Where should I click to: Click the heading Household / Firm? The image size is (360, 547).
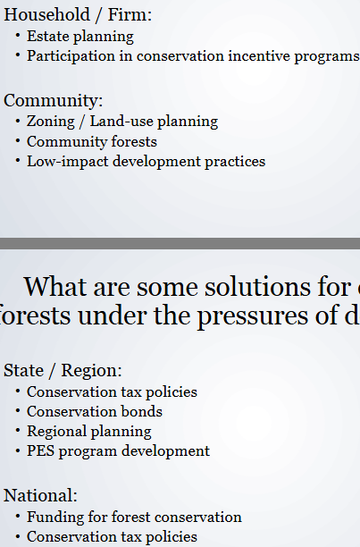coord(78,14)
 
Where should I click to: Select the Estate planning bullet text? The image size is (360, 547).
coord(80,37)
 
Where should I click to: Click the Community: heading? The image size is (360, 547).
coord(53,100)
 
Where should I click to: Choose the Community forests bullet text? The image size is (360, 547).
coord(91,141)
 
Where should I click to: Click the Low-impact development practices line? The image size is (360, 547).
coord(146,162)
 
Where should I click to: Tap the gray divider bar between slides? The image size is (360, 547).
coord(180,243)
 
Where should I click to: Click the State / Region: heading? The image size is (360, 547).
coord(63,370)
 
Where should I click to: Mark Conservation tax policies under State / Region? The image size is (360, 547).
coord(112,391)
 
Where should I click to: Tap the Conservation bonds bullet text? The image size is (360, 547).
coord(94,411)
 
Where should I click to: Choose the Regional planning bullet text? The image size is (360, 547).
coord(88,431)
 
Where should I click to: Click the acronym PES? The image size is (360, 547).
coord(41,450)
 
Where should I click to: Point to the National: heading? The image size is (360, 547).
coord(40,495)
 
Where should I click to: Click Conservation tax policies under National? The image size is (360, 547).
coord(112,536)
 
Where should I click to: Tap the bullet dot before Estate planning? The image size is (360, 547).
coord(18,37)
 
